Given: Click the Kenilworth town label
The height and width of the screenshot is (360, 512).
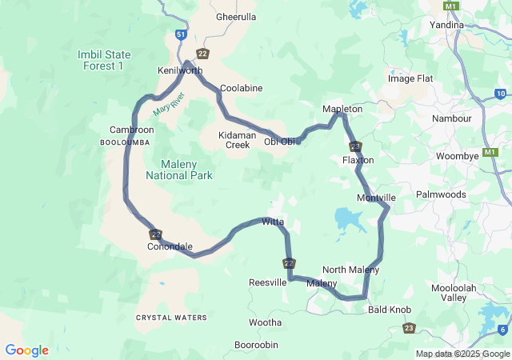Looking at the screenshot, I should pyautogui.click(x=180, y=71).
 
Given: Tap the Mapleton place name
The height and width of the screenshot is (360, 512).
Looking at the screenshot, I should pyautogui.click(x=342, y=109).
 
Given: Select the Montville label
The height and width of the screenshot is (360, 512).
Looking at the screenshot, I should pyautogui.click(x=376, y=198).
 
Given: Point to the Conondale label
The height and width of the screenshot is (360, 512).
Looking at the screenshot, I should pyautogui.click(x=170, y=246).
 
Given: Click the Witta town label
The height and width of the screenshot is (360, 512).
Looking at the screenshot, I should pyautogui.click(x=273, y=222).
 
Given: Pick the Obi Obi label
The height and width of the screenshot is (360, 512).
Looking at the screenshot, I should pyautogui.click(x=280, y=142).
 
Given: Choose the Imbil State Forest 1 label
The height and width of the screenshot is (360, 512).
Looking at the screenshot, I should pyautogui.click(x=103, y=59).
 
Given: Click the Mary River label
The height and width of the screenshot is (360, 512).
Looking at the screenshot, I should pyautogui.click(x=169, y=105).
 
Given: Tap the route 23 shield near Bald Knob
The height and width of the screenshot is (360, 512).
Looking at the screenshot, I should pyautogui.click(x=410, y=327).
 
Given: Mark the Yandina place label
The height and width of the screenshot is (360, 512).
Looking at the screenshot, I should pyautogui.click(x=446, y=25).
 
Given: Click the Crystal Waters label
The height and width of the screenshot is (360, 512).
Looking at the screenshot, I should pyautogui.click(x=171, y=318).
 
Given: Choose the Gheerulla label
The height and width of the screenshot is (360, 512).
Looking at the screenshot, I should pyautogui.click(x=236, y=16).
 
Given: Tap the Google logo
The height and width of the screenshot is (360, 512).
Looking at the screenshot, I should pyautogui.click(x=26, y=350).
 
